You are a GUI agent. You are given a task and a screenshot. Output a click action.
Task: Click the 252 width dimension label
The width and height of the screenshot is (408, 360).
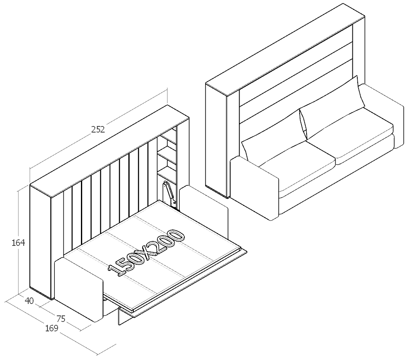pos(98,130)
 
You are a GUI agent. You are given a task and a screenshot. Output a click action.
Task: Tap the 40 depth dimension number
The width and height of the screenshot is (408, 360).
pos(29,301)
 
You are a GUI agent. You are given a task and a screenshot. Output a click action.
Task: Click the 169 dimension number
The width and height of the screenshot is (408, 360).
pos(52,328)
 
